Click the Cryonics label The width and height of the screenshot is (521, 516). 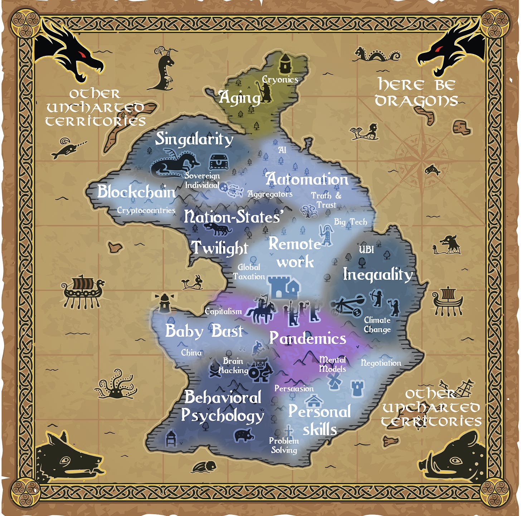click(x=280, y=79)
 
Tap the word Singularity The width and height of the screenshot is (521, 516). click(x=194, y=139)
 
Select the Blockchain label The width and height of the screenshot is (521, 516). click(x=136, y=192)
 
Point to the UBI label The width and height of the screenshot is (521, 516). click(x=366, y=249)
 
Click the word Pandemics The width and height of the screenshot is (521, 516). click(x=308, y=338)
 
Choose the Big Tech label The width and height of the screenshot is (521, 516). click(x=350, y=222)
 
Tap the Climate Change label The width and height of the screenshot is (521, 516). click(x=377, y=325)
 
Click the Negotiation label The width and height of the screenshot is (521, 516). click(x=381, y=363)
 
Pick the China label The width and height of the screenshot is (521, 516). click(x=191, y=353)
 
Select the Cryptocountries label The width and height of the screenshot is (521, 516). click(x=146, y=210)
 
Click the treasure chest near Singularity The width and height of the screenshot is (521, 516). click(x=218, y=161)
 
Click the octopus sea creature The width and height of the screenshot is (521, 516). click(x=116, y=385)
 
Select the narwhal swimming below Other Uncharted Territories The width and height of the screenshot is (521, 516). click(x=68, y=148)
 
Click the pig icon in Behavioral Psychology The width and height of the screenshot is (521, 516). click(x=244, y=435)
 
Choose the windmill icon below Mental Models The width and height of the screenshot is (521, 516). click(x=335, y=381)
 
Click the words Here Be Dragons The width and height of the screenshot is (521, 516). click(x=416, y=93)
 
